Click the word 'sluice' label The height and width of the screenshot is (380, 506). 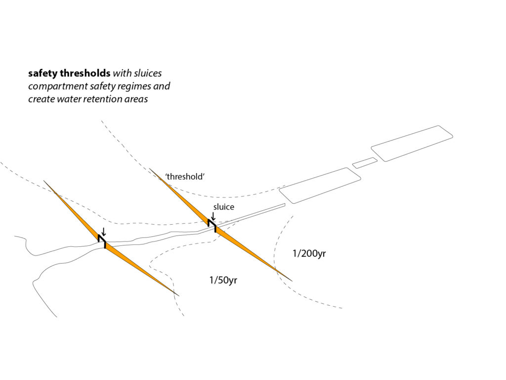pos(224,207)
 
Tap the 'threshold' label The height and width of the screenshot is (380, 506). pos(185,177)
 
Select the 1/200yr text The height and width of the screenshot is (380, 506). pos(309,253)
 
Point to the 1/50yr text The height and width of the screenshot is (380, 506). pos(223,280)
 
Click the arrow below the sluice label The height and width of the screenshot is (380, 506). pos(213,216)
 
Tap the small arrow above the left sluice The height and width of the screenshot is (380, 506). pos(103,232)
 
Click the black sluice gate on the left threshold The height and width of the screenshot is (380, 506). pos(102,241)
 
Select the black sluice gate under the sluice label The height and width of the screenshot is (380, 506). pos(211,225)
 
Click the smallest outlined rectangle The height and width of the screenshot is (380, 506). pos(365,163)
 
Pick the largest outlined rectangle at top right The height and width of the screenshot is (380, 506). pos(412,143)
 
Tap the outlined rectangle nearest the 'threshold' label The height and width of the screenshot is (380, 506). pos(320,186)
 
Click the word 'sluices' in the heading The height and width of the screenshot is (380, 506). pos(148,73)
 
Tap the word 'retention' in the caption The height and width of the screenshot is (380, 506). pos(104,99)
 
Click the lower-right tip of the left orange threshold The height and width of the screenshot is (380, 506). pos(179,296)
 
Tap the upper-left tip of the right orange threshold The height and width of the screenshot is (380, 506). pos(150,169)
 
